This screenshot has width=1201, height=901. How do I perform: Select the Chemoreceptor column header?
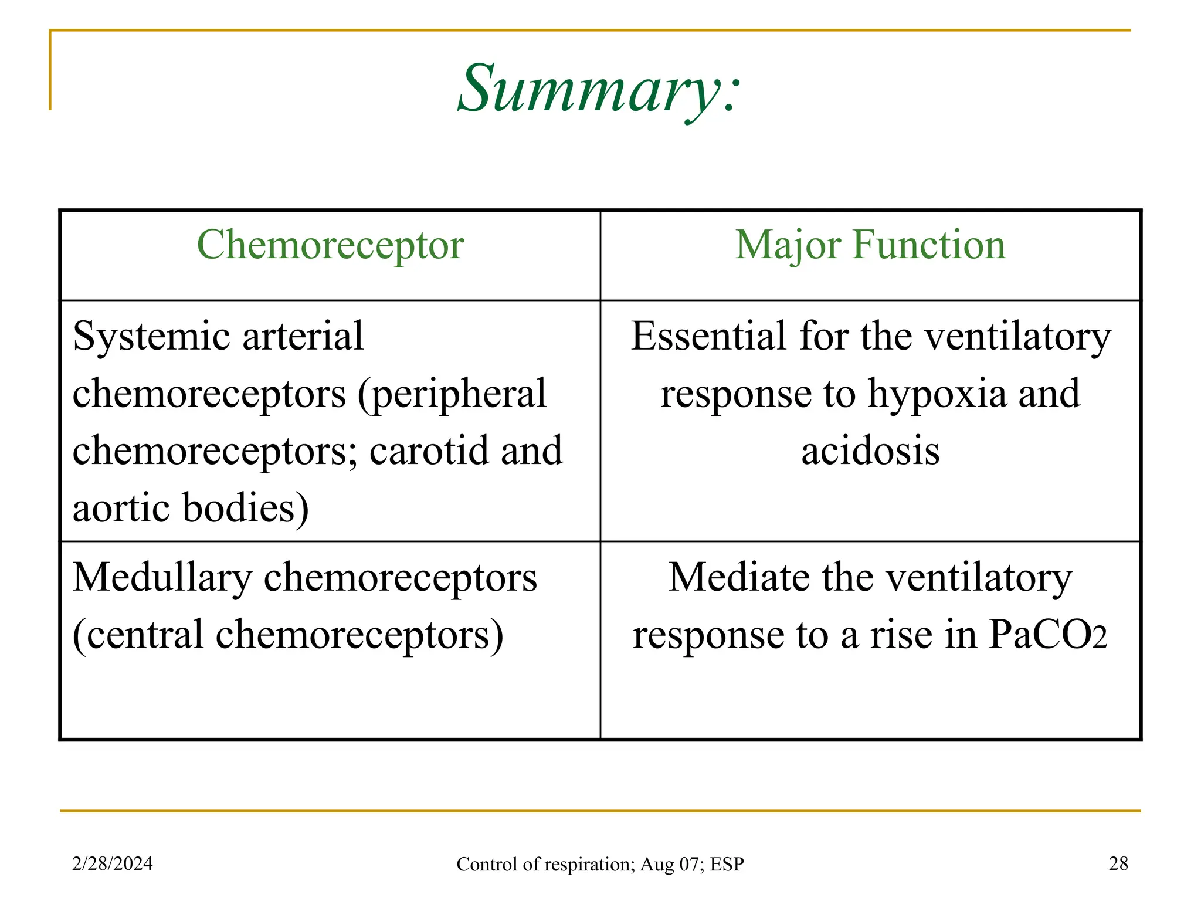330,245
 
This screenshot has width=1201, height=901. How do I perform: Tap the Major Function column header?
870,245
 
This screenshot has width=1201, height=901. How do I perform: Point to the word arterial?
303,337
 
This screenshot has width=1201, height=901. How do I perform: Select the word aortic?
121,507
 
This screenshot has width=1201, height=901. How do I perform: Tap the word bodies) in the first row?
246,508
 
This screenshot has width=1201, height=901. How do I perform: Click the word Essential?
708,337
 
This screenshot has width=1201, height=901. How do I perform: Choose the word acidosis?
870,451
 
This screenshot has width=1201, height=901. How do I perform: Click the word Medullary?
162,578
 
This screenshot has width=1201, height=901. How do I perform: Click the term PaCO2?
1047,635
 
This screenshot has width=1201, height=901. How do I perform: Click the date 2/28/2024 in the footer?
112,863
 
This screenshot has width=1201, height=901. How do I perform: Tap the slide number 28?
1118,863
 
